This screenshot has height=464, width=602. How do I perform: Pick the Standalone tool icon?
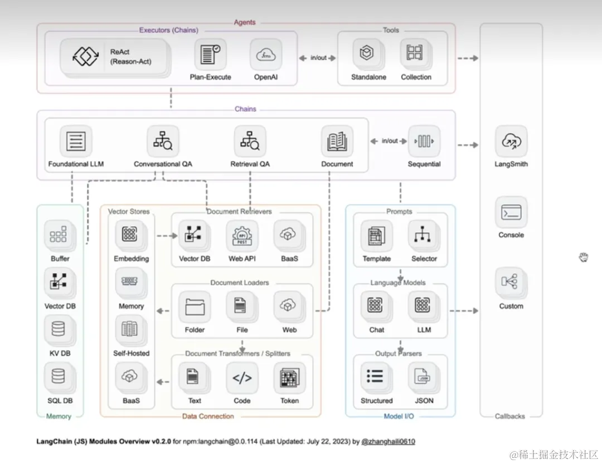[x=368, y=54]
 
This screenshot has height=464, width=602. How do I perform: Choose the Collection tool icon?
[x=416, y=54]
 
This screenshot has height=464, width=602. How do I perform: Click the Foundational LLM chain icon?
[x=76, y=141]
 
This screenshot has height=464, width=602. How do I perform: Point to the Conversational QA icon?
[x=163, y=141]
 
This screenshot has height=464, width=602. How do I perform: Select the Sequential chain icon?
[x=424, y=141]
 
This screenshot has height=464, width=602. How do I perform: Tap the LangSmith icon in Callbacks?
[x=511, y=141]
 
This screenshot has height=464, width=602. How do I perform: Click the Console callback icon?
[x=511, y=212]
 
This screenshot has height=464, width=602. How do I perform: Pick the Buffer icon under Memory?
[x=60, y=236]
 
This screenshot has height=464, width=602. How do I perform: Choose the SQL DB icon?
[x=59, y=378]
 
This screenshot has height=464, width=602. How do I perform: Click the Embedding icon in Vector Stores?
[x=131, y=236]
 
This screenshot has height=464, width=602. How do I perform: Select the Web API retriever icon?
[x=242, y=236]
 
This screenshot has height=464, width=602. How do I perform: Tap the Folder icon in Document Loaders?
[x=195, y=307]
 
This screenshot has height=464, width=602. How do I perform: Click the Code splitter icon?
[x=242, y=378]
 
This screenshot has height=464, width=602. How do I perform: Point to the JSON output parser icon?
[x=424, y=378]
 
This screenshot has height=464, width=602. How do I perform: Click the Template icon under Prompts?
[x=376, y=236]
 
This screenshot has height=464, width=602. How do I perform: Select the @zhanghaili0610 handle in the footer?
[x=388, y=442]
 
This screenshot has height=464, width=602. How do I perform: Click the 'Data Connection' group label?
[x=208, y=416]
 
